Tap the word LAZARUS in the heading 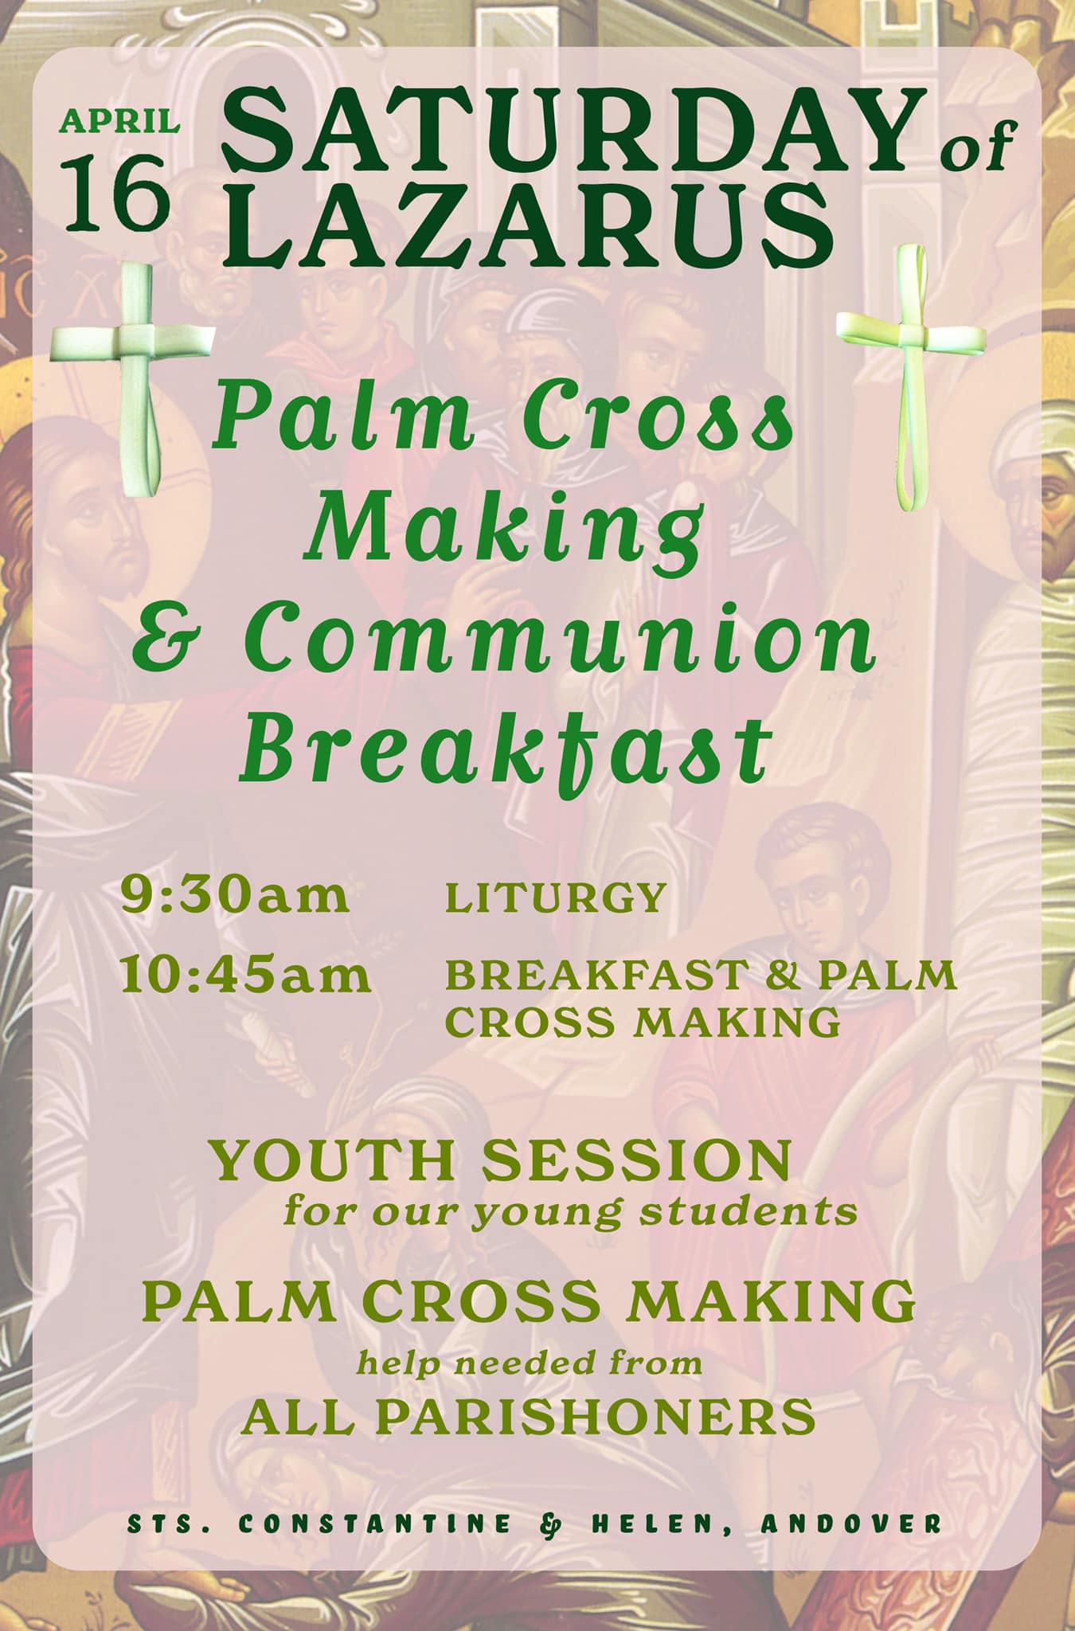[x=526, y=221]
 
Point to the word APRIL [x=119, y=121]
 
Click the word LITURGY [x=555, y=898]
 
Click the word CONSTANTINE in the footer [x=374, y=1523]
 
